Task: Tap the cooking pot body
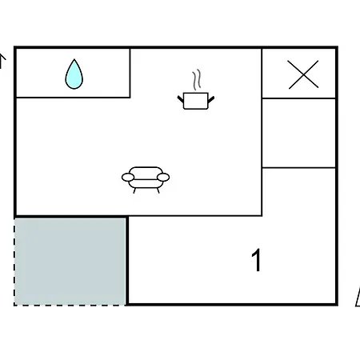tap(196, 101)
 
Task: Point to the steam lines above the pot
tap(197, 80)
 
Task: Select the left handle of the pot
tap(181, 99)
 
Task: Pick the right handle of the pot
tap(211, 99)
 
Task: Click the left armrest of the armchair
tap(128, 177)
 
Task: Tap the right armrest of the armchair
tap(163, 177)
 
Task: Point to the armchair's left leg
tap(134, 190)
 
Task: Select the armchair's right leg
tap(158, 190)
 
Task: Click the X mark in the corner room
tap(303, 74)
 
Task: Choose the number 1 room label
tap(257, 260)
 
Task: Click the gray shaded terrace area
tap(70, 262)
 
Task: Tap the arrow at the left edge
tap(2, 61)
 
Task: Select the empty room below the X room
tap(299, 133)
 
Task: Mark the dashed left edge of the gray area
tap(14, 262)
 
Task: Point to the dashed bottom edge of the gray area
tap(70, 305)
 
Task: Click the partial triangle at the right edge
tap(358, 298)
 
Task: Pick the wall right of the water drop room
tap(130, 73)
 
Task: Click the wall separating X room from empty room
tap(298, 98)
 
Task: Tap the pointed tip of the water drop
tap(74, 59)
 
